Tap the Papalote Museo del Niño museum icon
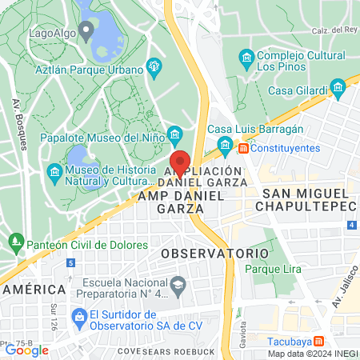coord(176,134)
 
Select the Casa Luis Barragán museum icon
coord(224,145)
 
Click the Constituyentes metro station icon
coord(243,149)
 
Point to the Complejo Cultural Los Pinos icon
coord(246,58)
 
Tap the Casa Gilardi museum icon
coord(338,84)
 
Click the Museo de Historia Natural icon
coord(54,172)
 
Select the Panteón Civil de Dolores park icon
coord(15,239)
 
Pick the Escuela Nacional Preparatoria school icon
coord(178,282)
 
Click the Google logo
coord(26,350)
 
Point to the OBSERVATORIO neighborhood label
coord(214,253)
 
